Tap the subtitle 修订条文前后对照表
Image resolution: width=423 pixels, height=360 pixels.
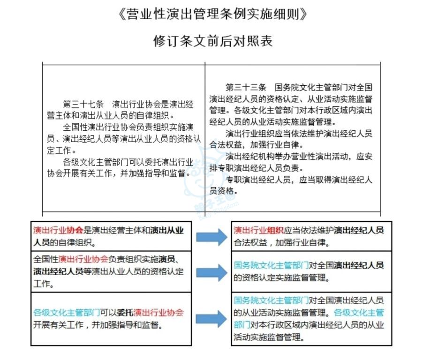212,41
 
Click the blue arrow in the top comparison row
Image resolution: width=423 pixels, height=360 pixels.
211,237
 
